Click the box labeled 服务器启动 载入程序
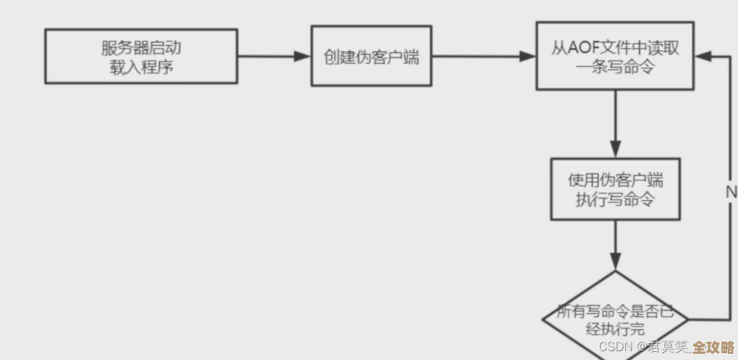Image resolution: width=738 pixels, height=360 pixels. [141, 56]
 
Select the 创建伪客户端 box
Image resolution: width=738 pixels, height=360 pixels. [371, 56]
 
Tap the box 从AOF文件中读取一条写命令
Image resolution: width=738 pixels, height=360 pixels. [615, 56]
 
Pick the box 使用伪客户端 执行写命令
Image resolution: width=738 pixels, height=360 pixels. [615, 190]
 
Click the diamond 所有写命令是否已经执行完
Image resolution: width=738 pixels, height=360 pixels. [615, 319]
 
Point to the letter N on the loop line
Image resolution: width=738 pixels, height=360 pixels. [731, 193]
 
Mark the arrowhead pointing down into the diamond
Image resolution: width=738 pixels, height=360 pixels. [615, 262]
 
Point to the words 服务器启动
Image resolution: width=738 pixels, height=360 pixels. [141, 48]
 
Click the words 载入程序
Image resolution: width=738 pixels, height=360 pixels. [141, 67]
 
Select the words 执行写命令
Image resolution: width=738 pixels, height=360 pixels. [615, 199]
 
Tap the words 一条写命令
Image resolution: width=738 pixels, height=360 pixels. [615, 67]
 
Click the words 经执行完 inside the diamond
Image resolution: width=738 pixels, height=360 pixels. [615, 330]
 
